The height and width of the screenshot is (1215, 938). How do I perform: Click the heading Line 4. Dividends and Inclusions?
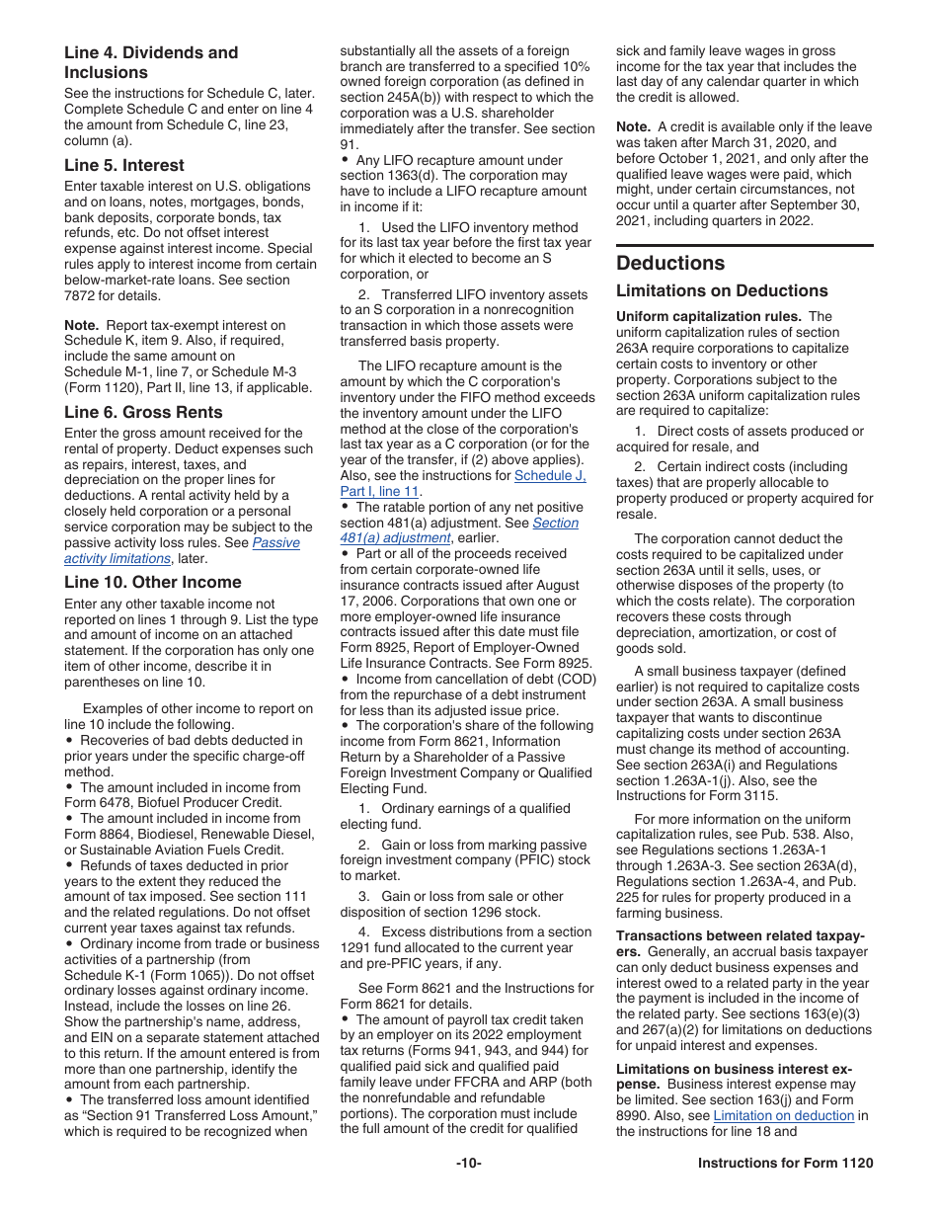click(150, 62)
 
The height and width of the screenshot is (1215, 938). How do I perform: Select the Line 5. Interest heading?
click(124, 165)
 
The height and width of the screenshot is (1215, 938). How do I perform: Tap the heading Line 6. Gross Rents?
click(143, 412)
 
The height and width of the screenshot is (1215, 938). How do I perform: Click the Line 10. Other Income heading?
click(152, 582)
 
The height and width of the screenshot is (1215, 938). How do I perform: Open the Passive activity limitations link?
click(182, 551)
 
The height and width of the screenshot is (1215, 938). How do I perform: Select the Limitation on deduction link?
click(783, 1115)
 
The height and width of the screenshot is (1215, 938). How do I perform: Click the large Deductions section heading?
click(670, 263)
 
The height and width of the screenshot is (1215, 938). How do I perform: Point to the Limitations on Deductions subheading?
click(722, 290)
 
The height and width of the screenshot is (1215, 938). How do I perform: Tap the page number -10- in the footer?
click(469, 1163)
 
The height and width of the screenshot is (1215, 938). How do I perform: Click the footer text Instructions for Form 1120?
click(785, 1163)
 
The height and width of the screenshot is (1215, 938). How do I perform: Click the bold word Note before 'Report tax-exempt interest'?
click(81, 325)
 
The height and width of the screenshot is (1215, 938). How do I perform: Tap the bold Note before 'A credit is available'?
click(633, 126)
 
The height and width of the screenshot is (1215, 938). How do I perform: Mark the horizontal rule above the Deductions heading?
click(744, 245)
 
